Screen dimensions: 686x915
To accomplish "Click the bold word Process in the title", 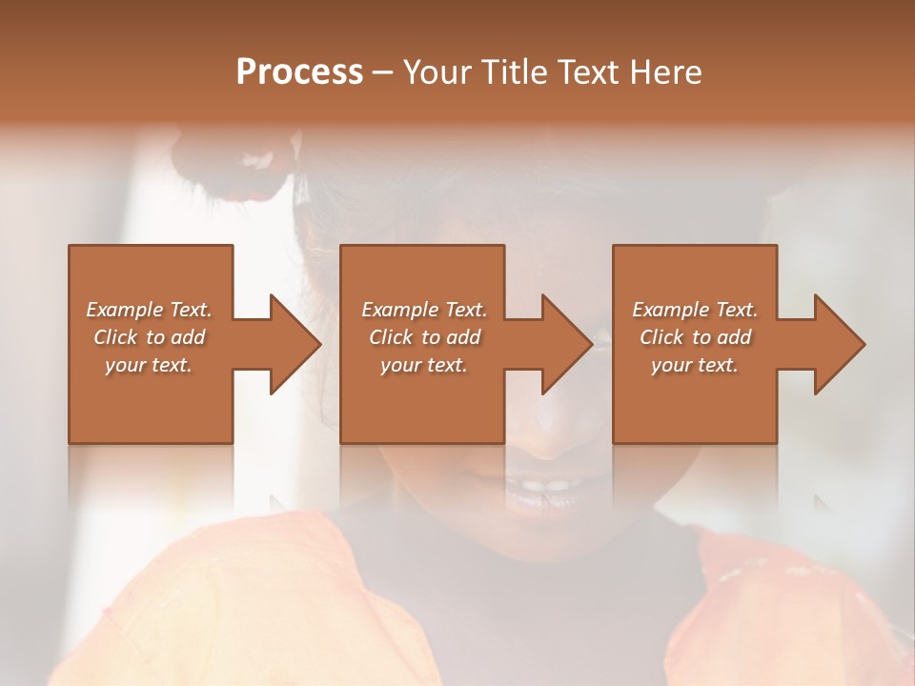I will tap(299, 72).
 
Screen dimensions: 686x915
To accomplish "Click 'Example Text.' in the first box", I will tap(149, 310).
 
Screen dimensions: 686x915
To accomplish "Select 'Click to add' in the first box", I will tap(149, 337).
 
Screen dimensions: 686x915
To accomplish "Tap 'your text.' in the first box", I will tap(149, 365).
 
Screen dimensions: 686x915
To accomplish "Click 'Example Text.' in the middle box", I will tap(424, 310).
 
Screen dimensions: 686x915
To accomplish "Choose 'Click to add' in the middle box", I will tap(424, 337).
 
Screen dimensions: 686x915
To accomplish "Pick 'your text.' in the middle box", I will tap(424, 365).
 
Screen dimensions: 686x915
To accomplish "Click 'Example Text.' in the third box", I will tap(695, 310).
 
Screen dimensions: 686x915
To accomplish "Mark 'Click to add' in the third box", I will tap(695, 337).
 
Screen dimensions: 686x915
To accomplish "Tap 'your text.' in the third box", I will tap(695, 365).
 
